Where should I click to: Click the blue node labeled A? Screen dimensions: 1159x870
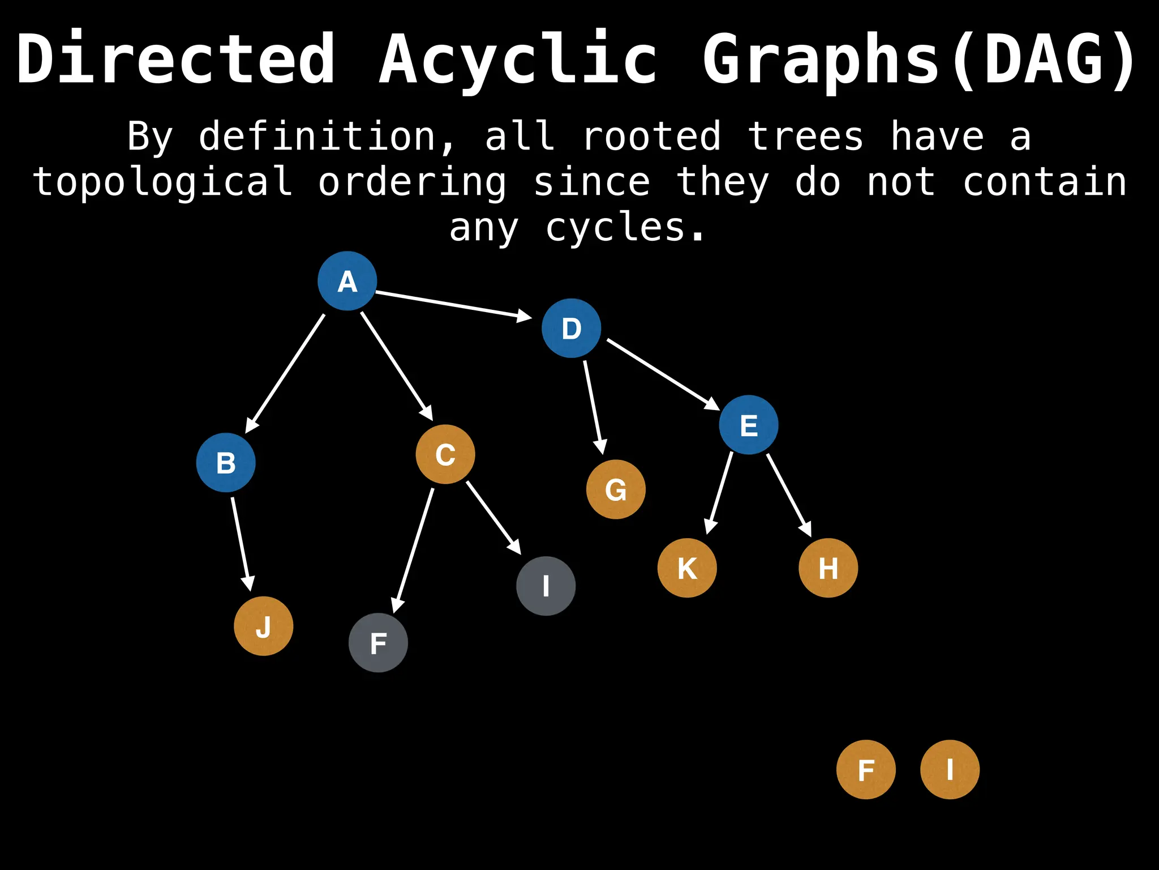[x=347, y=281]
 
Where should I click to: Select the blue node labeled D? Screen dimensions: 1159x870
[x=571, y=328]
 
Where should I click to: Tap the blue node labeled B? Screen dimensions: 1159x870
[x=226, y=463]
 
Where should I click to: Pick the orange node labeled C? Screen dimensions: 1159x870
[x=445, y=454]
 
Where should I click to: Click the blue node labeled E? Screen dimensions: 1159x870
[x=749, y=425]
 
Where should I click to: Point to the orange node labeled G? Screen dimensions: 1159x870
[x=616, y=489]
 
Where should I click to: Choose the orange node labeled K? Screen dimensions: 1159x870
[x=687, y=568]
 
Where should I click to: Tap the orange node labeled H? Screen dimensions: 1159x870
[x=828, y=568]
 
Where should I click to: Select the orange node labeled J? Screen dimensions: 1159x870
[x=263, y=626]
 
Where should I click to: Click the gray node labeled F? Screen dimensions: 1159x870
[x=378, y=643]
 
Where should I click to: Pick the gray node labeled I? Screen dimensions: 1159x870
[x=546, y=586]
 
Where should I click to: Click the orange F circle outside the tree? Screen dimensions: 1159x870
[x=866, y=770]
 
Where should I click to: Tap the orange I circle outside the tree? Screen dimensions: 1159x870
[x=950, y=770]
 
